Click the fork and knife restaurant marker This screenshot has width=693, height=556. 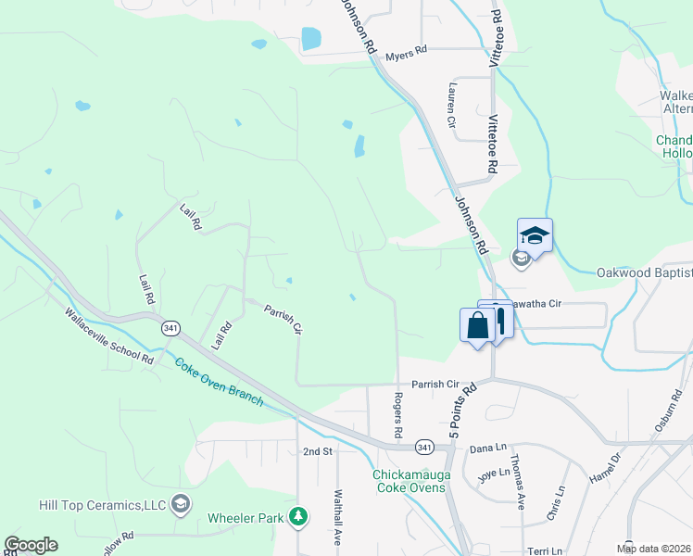(x=499, y=321)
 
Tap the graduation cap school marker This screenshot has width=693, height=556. (x=535, y=236)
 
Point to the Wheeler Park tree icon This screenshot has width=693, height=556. (x=298, y=517)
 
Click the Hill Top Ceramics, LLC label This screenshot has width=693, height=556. (x=102, y=505)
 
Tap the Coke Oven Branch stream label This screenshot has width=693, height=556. (x=219, y=382)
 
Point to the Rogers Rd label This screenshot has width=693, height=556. (x=397, y=413)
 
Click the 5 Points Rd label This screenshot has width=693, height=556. (x=461, y=410)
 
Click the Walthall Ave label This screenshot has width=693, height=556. (x=338, y=517)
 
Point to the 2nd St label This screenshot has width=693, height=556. (x=317, y=451)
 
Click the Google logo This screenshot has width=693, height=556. (x=31, y=545)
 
